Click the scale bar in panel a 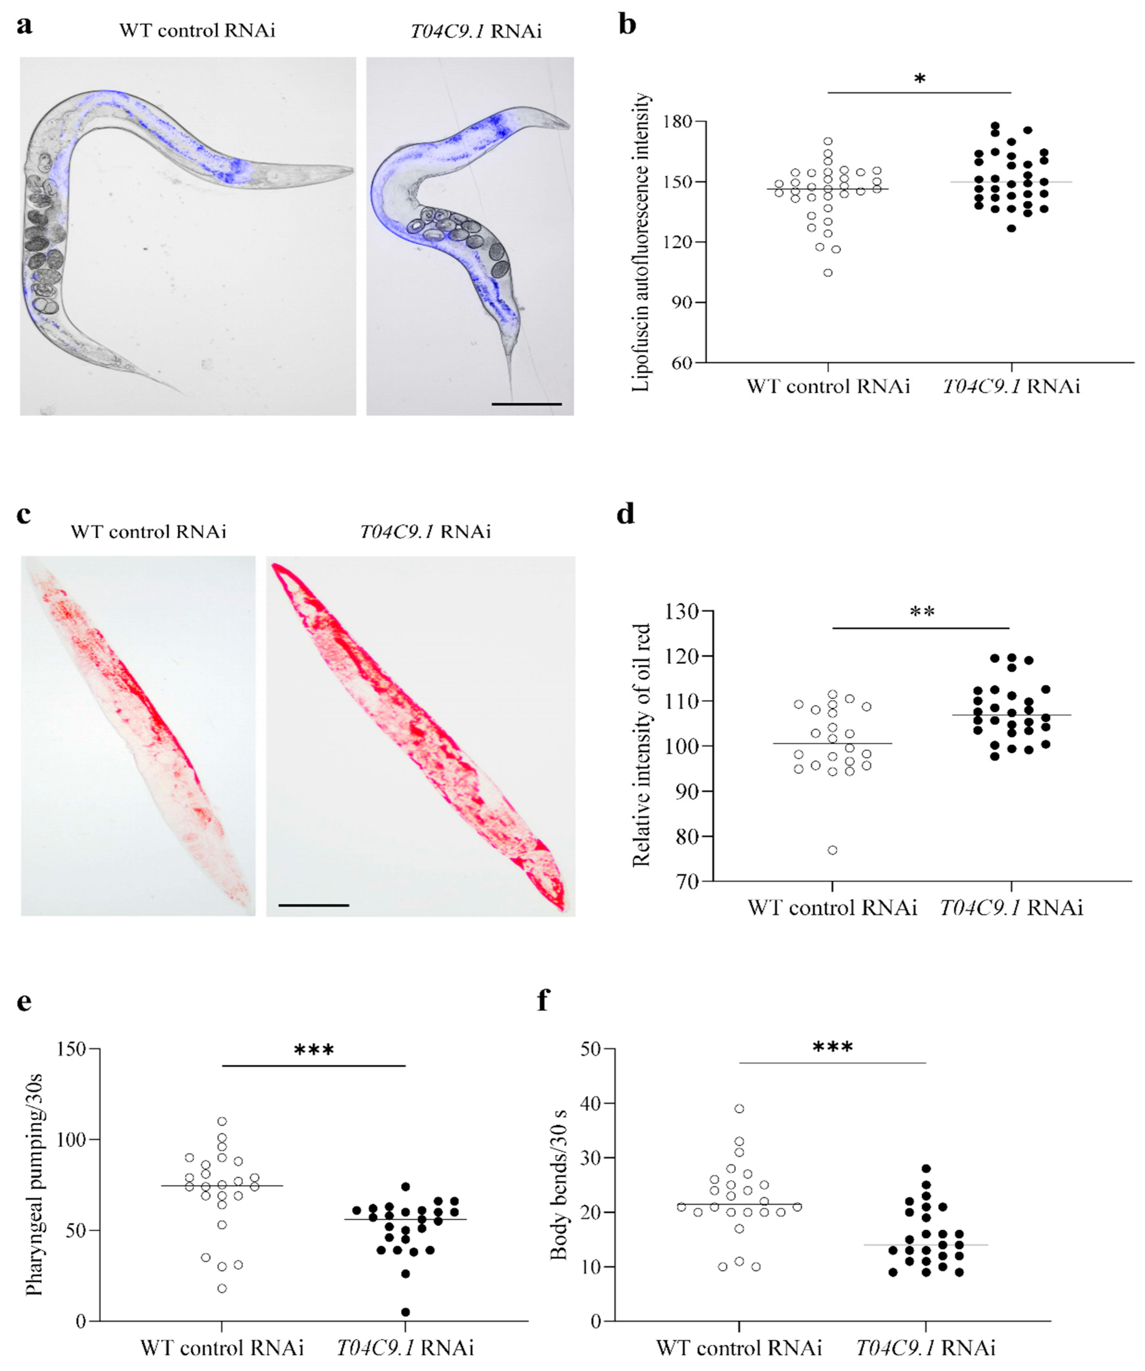[526, 404]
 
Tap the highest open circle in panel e [222, 1122]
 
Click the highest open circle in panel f [739, 1108]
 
